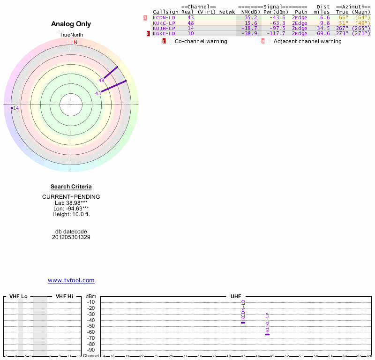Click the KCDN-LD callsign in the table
pyautogui.click(x=164, y=17)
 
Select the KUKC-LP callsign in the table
pyautogui.click(x=164, y=23)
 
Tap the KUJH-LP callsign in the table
pyautogui.click(x=164, y=28)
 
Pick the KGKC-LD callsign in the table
pyautogui.click(x=164, y=34)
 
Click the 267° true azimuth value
pyautogui.click(x=342, y=28)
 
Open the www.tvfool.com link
pyautogui.click(x=71, y=280)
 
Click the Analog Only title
pyautogui.click(x=71, y=24)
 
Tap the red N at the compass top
pyautogui.click(x=75, y=42)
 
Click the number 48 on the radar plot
pyautogui.click(x=101, y=81)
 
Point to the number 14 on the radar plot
pyautogui.click(x=16, y=108)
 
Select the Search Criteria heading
pyautogui.click(x=71, y=187)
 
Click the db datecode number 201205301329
pyautogui.click(x=71, y=237)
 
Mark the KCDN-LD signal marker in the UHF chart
pyautogui.click(x=243, y=322)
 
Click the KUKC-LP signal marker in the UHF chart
pyautogui.click(x=267, y=334)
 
